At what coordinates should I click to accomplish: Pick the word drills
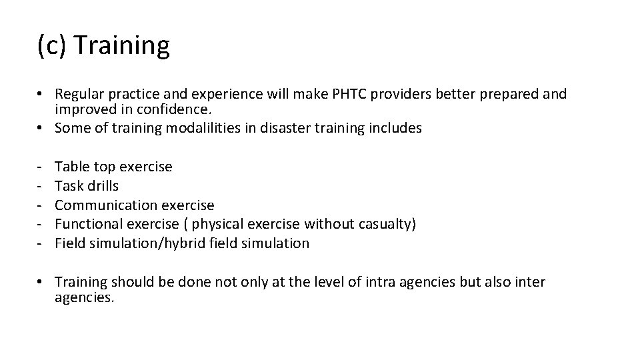[102, 186]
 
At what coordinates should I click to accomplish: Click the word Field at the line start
[69, 243]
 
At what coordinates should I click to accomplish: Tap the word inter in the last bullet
[531, 282]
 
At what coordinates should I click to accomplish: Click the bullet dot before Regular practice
[42, 95]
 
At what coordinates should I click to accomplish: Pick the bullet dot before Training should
[42, 283]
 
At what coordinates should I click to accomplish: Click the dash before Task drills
[41, 186]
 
